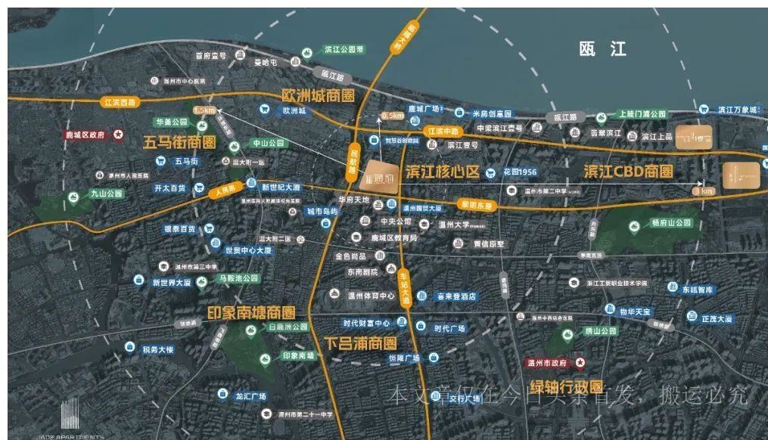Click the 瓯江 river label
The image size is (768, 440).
click(x=603, y=50)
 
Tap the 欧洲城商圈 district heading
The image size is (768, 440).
click(x=318, y=96)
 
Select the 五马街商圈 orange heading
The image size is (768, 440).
click(x=179, y=142)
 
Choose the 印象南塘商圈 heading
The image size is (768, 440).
click(x=251, y=312)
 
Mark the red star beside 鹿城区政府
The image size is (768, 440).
click(x=119, y=135)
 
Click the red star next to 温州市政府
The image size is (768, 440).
click(x=580, y=363)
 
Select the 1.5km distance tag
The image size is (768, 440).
click(x=205, y=110)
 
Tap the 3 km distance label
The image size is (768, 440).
click(x=703, y=191)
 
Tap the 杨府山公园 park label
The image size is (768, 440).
click(x=671, y=223)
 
